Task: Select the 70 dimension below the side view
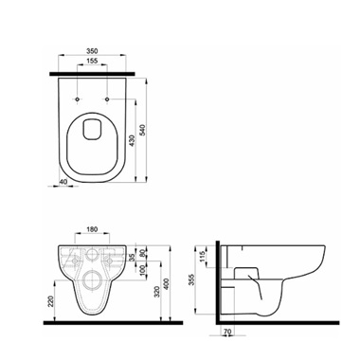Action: (x=228, y=333)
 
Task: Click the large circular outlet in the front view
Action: (x=93, y=279)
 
